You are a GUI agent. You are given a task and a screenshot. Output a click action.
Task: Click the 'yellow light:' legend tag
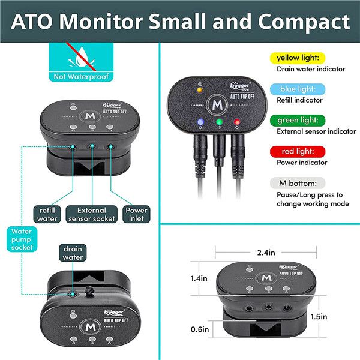tap(298, 58)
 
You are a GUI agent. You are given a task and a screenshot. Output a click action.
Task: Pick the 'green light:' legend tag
tap(299, 121)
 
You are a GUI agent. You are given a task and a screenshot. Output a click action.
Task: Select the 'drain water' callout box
tap(73, 253)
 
